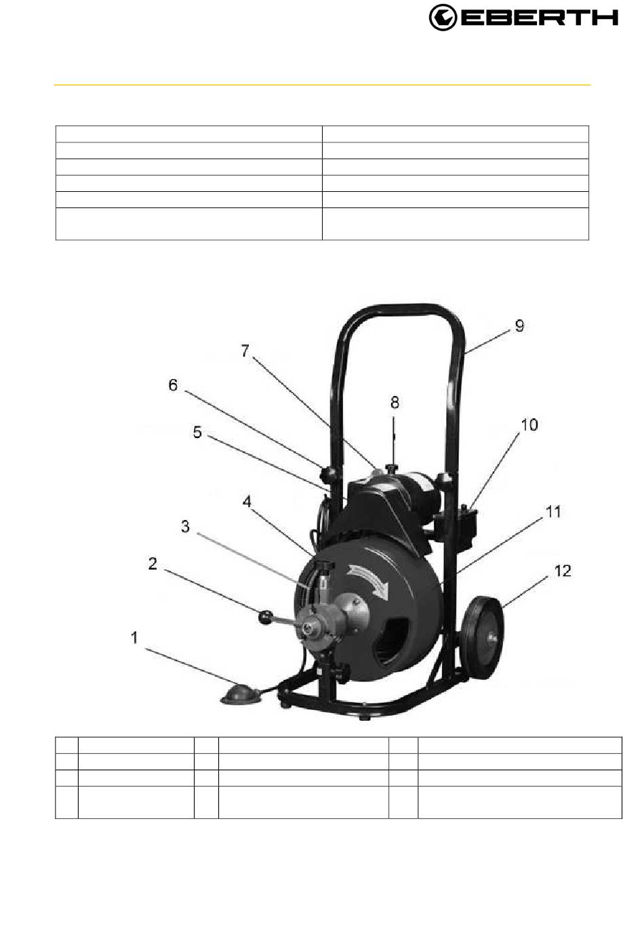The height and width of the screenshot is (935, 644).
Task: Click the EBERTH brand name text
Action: point(539,18)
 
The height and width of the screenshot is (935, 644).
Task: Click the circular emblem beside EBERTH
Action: point(443,18)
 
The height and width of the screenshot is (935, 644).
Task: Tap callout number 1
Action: point(134,638)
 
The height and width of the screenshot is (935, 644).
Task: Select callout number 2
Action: point(153,564)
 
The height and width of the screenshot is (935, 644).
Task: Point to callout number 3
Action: point(185,527)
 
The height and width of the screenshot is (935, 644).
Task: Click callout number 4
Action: point(247,502)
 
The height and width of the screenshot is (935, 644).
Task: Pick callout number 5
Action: point(197,433)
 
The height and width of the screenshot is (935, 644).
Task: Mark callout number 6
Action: point(173,385)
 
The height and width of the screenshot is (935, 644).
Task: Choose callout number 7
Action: point(245,351)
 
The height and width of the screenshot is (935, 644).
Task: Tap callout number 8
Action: point(395,402)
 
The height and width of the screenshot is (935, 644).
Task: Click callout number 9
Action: point(519,325)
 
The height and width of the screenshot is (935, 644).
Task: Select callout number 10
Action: point(529,425)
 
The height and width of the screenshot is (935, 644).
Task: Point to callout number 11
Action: point(553,512)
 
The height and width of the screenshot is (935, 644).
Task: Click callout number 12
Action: point(563,571)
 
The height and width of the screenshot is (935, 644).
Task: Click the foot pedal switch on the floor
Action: point(239,694)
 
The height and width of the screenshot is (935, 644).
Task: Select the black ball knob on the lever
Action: point(266,618)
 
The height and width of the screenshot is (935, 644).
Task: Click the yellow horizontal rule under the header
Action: point(322,85)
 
